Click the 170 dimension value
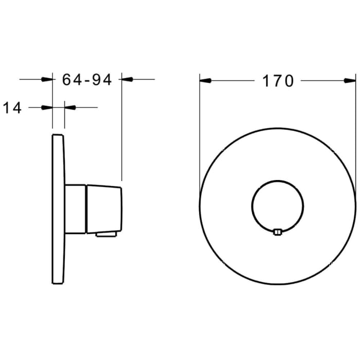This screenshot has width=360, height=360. click(x=278, y=81)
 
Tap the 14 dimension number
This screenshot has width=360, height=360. click(x=12, y=107)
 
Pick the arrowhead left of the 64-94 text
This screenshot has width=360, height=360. click(x=47, y=79)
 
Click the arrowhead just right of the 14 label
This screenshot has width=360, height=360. click(x=47, y=107)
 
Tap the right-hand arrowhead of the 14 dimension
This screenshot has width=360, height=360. click(x=70, y=107)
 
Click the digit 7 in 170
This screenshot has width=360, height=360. click(x=278, y=81)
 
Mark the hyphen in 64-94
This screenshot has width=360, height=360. click(x=87, y=80)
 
